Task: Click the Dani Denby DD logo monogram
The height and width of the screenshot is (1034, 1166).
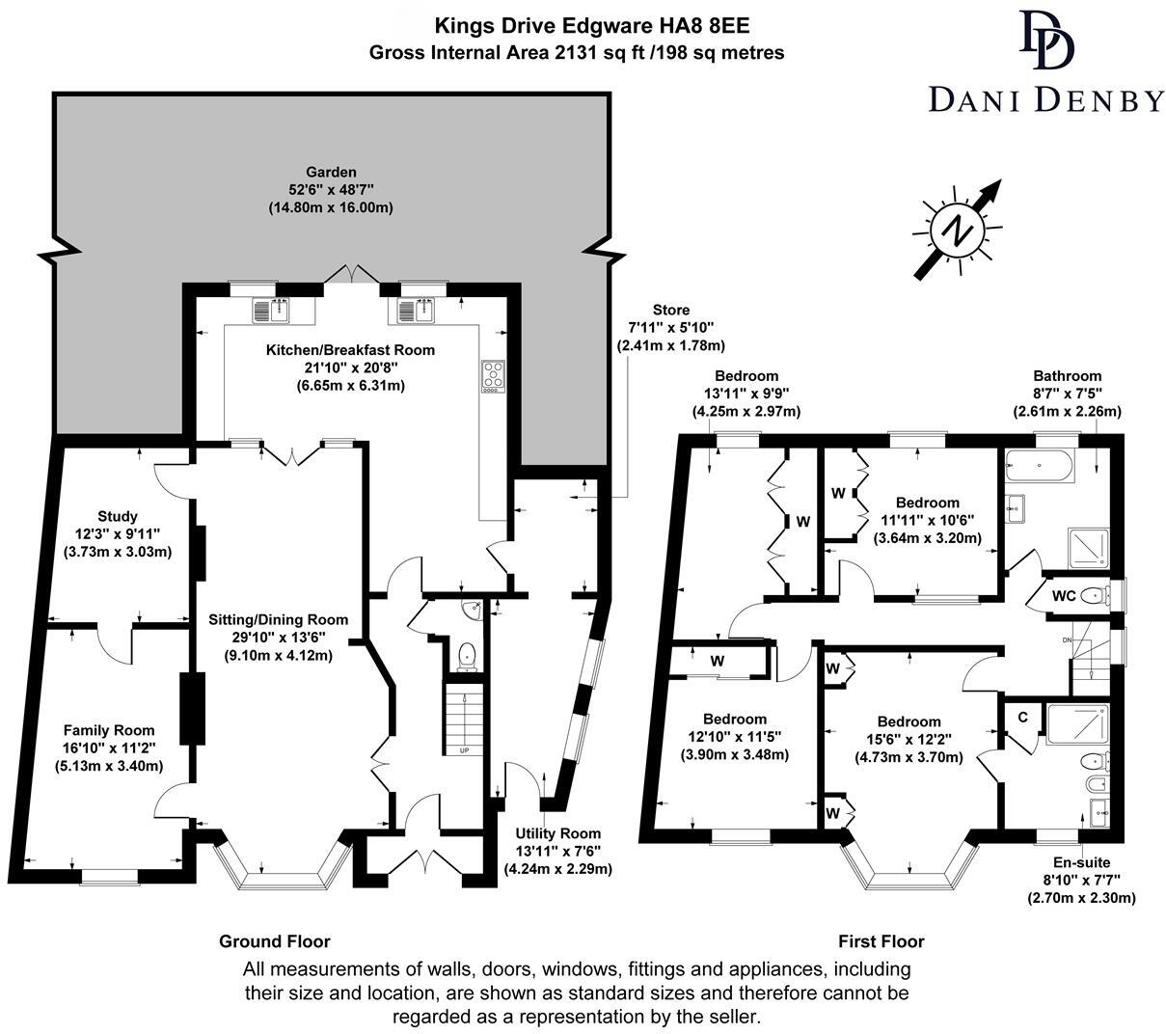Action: tap(1045, 41)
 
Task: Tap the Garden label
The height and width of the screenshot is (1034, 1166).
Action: tap(332, 173)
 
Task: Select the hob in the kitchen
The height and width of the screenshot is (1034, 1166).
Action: tap(492, 375)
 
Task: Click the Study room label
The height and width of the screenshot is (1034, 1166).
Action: tap(118, 516)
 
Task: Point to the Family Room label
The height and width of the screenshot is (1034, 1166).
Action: tap(109, 730)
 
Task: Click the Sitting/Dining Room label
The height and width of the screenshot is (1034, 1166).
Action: tap(279, 619)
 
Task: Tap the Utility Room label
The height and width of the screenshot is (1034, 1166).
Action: tap(557, 833)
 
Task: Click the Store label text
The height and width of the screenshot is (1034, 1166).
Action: tap(670, 310)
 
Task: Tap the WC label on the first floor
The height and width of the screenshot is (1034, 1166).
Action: tap(1064, 595)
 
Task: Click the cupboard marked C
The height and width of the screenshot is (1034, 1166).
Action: tap(1022, 718)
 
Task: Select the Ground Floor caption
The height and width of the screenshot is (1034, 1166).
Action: tap(275, 941)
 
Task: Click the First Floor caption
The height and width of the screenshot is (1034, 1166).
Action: tap(881, 941)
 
